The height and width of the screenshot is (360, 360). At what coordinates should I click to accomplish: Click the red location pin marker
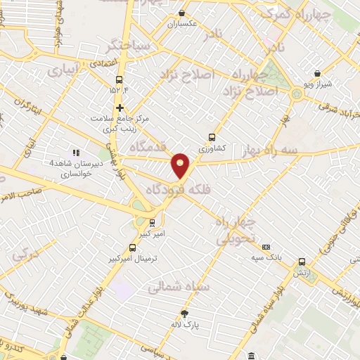point(181,166)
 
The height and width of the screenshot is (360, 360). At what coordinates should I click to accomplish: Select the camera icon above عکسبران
point(182,12)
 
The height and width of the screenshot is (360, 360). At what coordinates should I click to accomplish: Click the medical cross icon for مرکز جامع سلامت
point(120,108)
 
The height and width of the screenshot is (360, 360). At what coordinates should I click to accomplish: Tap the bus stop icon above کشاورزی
point(212,138)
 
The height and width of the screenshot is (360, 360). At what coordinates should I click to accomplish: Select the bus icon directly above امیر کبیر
point(152,222)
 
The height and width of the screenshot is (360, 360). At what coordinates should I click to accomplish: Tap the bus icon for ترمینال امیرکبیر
point(133,247)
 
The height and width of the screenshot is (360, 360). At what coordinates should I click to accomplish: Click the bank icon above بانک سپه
point(266,247)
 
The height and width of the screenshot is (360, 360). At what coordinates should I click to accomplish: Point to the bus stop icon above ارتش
point(302,261)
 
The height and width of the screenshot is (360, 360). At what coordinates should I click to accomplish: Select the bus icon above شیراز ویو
point(318,73)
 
